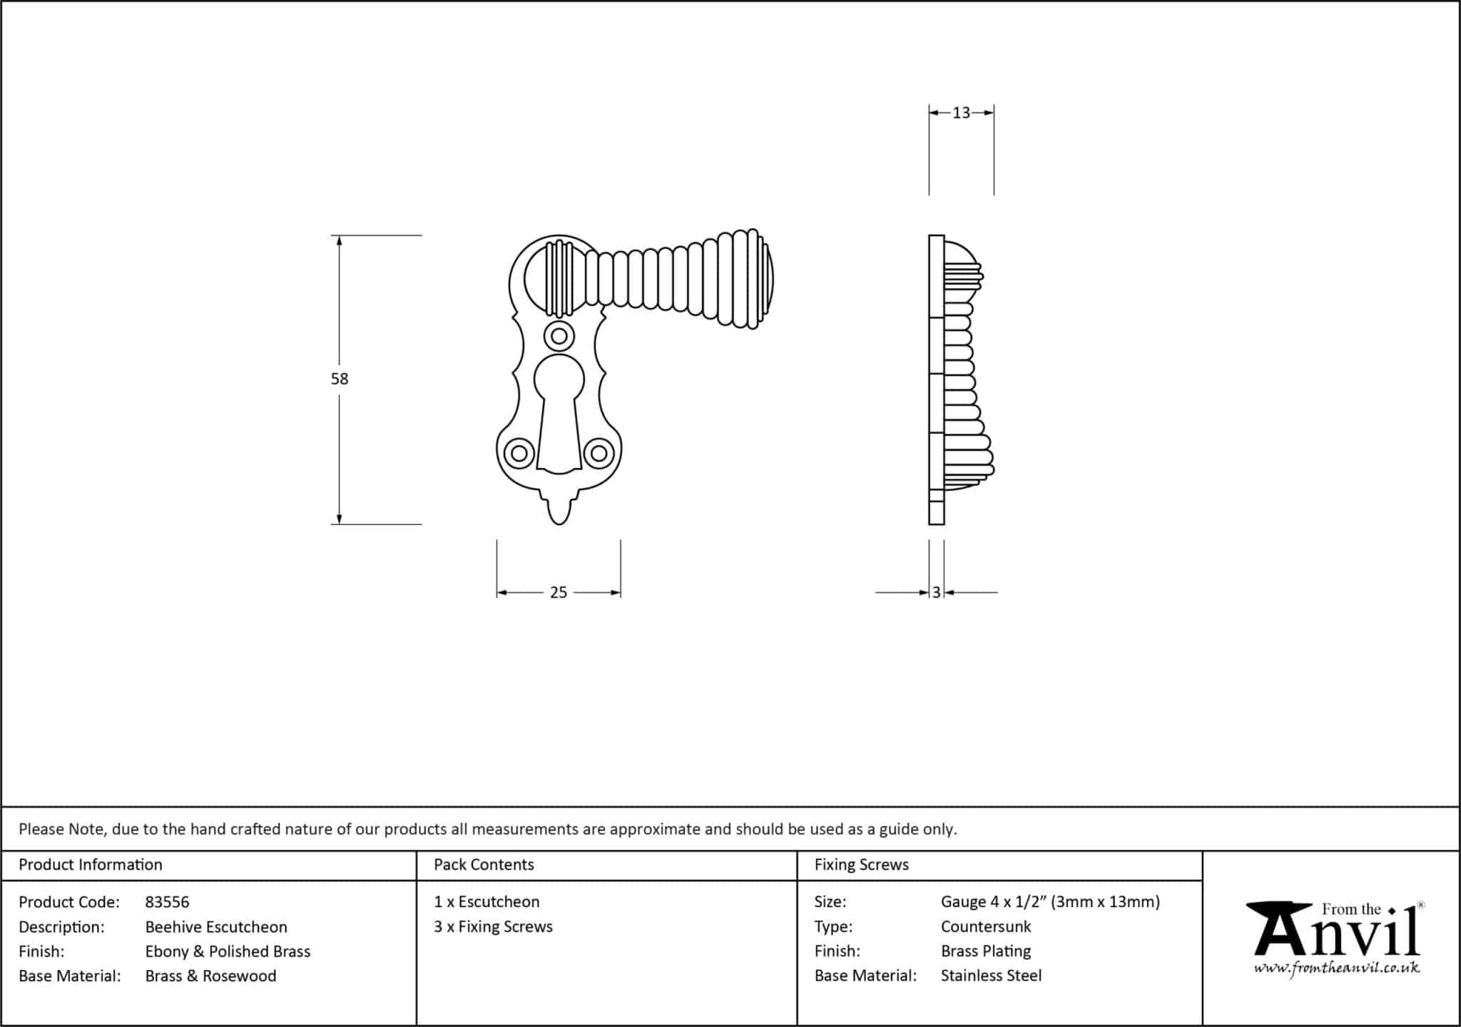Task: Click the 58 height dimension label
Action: [339, 379]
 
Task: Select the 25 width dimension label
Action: [559, 593]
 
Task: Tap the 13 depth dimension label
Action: [961, 113]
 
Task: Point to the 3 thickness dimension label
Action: [936, 593]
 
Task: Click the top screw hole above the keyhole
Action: [559, 336]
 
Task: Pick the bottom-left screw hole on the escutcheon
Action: [519, 454]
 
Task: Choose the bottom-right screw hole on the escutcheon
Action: [599, 454]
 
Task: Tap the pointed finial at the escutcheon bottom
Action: [559, 510]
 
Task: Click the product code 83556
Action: [167, 902]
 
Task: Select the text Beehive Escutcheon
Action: [216, 927]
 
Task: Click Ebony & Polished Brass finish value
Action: [228, 951]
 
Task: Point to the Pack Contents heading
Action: [484, 864]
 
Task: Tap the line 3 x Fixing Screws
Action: [493, 926]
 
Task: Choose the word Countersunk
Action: [986, 926]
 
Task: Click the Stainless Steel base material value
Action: [991, 976]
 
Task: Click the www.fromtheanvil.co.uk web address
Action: [1337, 968]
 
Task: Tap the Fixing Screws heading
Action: [861, 864]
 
